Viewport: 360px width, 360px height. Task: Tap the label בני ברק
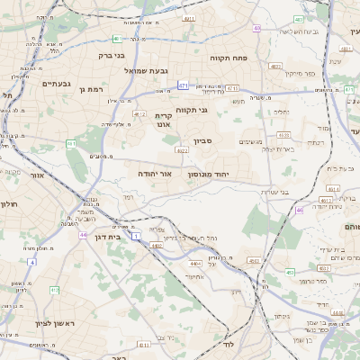(x=111, y=55)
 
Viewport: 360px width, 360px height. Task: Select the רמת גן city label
(x=93, y=89)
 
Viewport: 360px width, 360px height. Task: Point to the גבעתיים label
(x=56, y=83)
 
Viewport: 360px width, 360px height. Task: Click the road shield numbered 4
(x=31, y=262)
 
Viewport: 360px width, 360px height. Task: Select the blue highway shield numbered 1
(x=136, y=235)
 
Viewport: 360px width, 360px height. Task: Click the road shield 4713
(x=233, y=88)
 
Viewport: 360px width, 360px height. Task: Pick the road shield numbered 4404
(x=196, y=263)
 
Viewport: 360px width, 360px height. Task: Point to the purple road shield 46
(x=299, y=210)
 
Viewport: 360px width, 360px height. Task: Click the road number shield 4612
(x=139, y=114)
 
